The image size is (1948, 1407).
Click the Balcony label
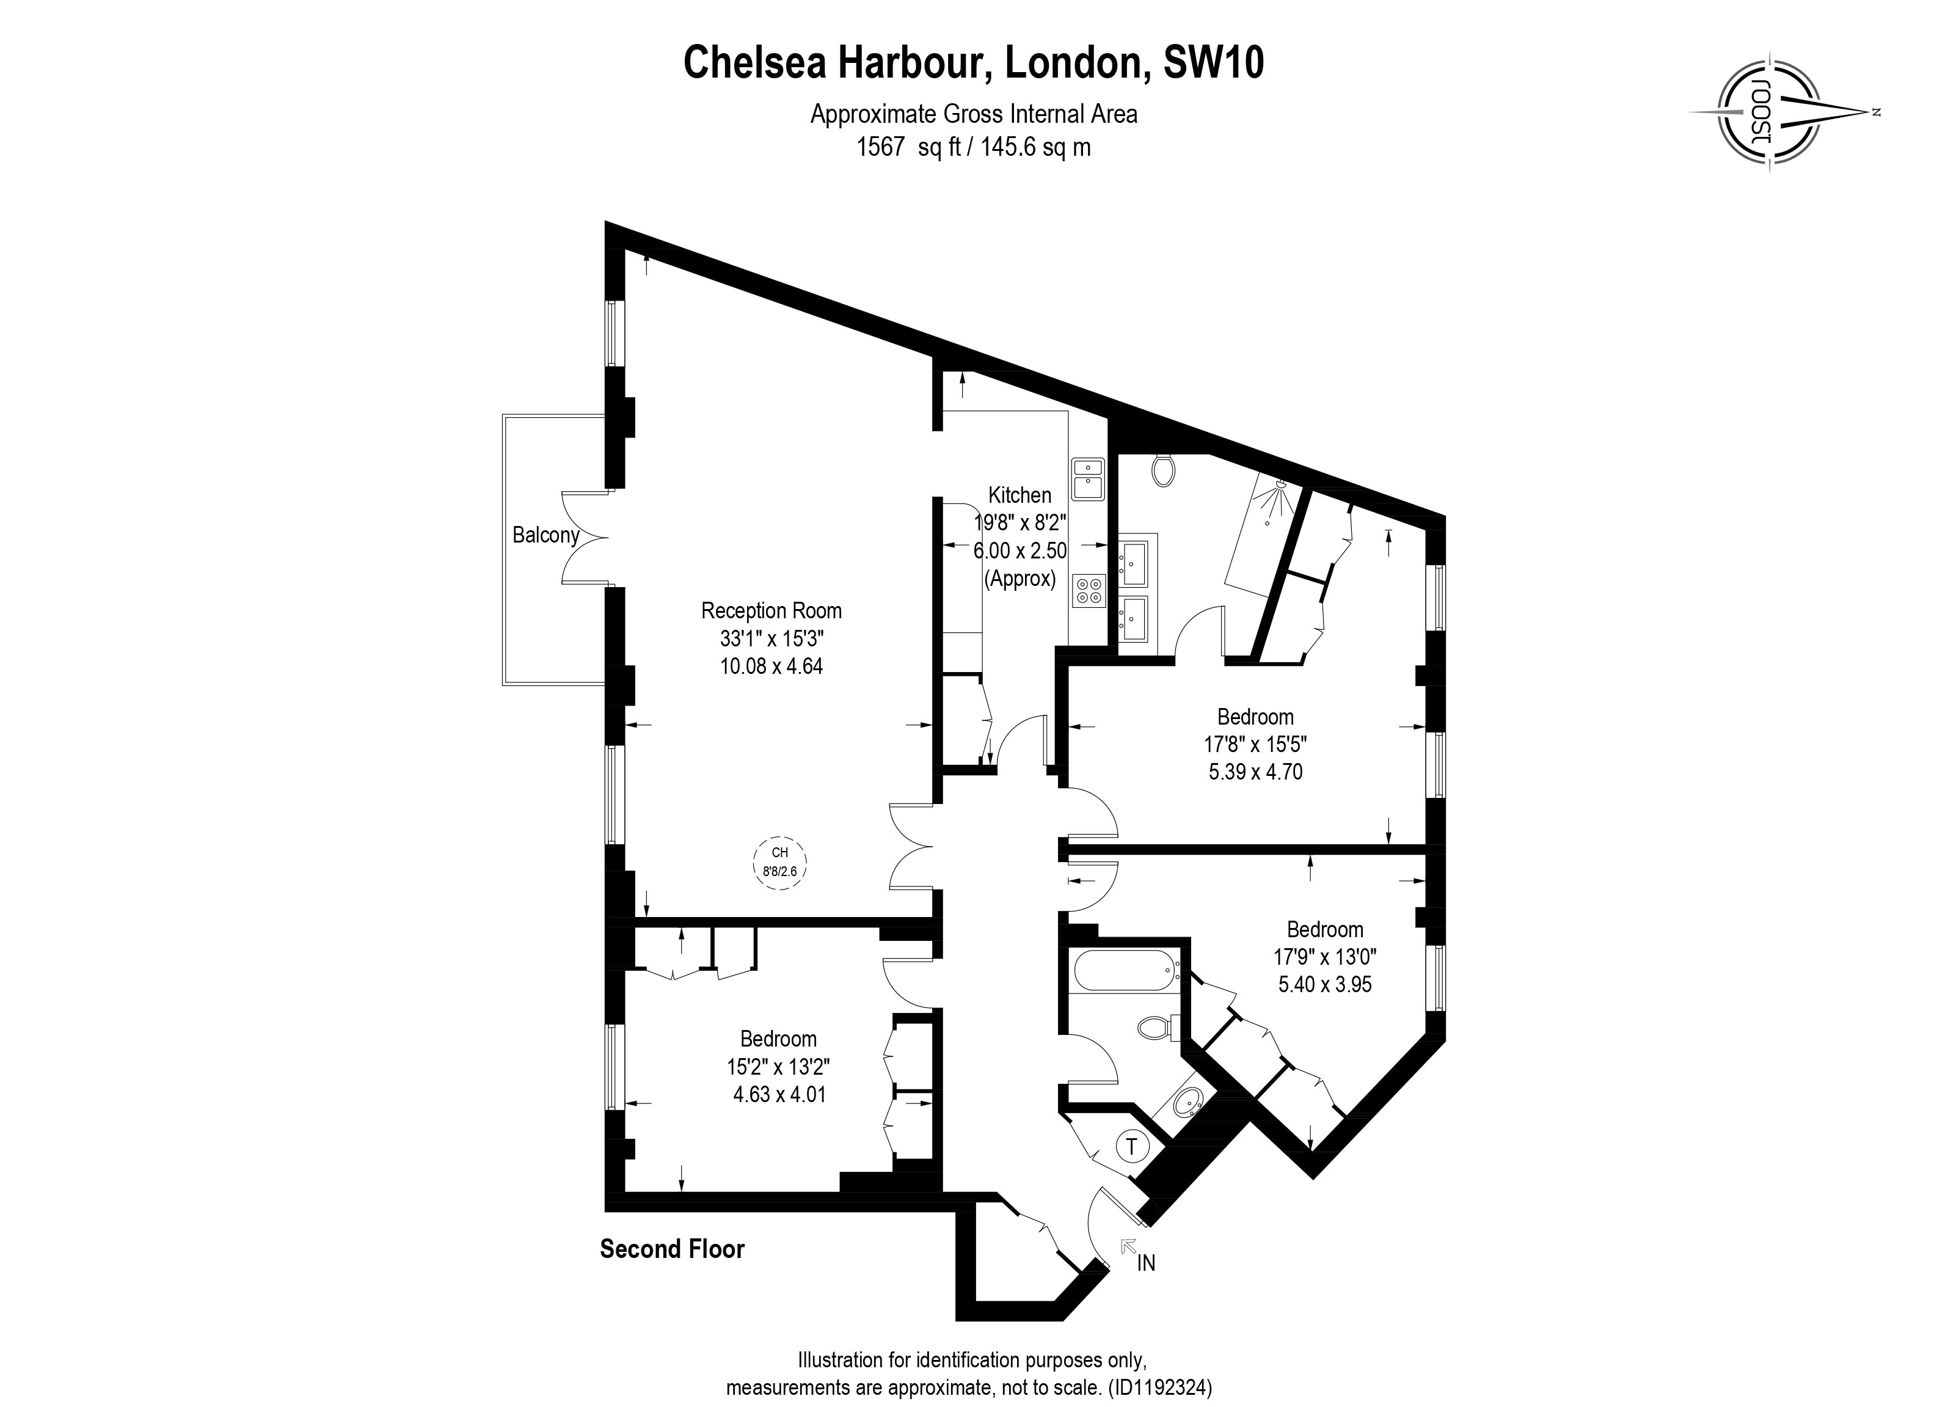click(x=545, y=535)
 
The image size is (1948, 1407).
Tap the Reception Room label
click(x=772, y=611)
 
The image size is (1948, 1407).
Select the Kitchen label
click(x=1020, y=495)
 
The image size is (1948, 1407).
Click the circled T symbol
click(x=1132, y=1146)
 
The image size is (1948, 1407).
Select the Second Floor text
click(x=672, y=1249)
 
